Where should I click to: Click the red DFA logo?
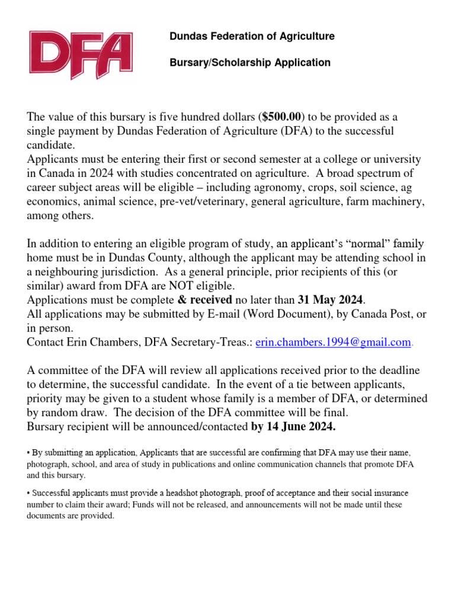tap(81, 56)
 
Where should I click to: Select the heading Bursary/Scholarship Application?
tap(250, 62)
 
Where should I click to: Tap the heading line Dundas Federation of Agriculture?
tap(252, 36)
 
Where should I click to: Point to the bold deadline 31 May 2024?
tap(330, 300)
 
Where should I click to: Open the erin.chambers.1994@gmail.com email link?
tap(333, 343)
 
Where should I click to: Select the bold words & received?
tap(204, 300)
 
